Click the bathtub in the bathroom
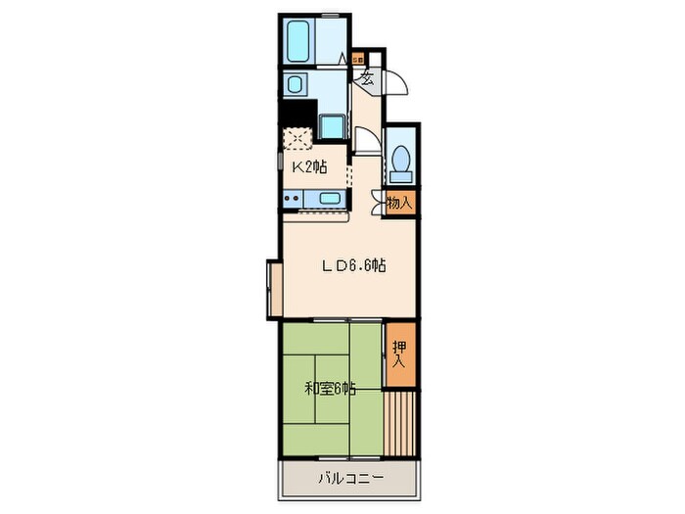[298, 41]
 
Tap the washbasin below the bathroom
[295, 84]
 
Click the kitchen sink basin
[330, 199]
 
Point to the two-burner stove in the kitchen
[293, 199]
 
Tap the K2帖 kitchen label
[309, 167]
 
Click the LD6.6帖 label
[354, 265]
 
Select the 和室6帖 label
[330, 388]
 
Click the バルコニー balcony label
[351, 478]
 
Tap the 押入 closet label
[399, 353]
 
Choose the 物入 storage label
[399, 203]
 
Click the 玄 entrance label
[367, 78]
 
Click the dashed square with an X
[297, 139]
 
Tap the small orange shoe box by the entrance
[358, 58]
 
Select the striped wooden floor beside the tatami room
[399, 423]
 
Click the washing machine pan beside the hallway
[332, 126]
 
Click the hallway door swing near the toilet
[367, 139]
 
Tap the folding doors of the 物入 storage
[378, 203]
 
